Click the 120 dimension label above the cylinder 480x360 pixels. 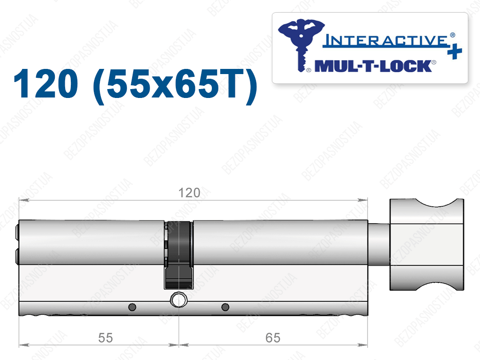point(189,193)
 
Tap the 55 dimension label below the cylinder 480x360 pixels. point(105,338)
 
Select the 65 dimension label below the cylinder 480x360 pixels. point(273,338)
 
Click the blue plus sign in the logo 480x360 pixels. point(454,52)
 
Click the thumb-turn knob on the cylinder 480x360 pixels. point(427,244)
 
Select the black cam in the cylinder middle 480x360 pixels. point(179,255)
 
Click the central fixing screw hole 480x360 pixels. point(179,300)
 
